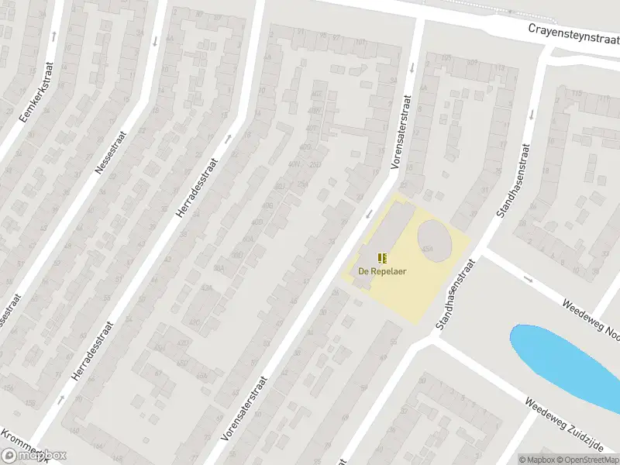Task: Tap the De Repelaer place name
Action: (x=382, y=271)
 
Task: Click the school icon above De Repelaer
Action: (x=382, y=257)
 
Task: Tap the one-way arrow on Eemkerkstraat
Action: (x=54, y=36)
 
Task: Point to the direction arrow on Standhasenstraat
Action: (x=531, y=114)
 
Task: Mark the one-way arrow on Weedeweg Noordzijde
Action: (x=529, y=279)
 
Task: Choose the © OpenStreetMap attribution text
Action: (x=591, y=459)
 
